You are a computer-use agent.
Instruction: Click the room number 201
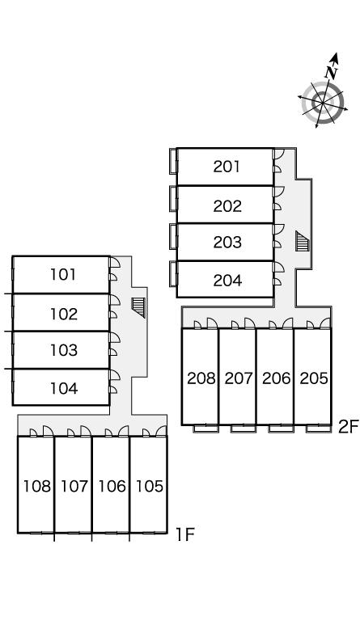tap(227, 167)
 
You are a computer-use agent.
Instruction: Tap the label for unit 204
tap(227, 281)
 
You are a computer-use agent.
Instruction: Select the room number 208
tap(201, 378)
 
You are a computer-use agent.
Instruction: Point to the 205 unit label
tap(314, 378)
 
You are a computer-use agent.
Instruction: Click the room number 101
tap(63, 274)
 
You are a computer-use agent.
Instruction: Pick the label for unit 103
tap(64, 350)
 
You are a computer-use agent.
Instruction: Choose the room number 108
tap(37, 486)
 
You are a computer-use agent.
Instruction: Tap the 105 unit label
tap(150, 486)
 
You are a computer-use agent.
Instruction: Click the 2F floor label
tap(348, 427)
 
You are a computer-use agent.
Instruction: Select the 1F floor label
tap(185, 534)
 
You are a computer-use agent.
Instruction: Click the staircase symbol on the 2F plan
tap(303, 241)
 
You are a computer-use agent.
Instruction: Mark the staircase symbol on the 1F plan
tap(138, 308)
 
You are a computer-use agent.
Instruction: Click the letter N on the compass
tap(332, 72)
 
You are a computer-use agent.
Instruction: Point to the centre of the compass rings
tap(323, 103)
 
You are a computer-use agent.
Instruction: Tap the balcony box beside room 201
tap(173, 161)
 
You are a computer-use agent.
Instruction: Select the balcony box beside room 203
tap(173, 237)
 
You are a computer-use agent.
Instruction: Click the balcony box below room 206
tap(281, 428)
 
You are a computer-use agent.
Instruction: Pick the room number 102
tap(64, 314)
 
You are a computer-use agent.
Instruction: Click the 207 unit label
tap(239, 378)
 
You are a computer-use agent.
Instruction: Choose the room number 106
tap(112, 486)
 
